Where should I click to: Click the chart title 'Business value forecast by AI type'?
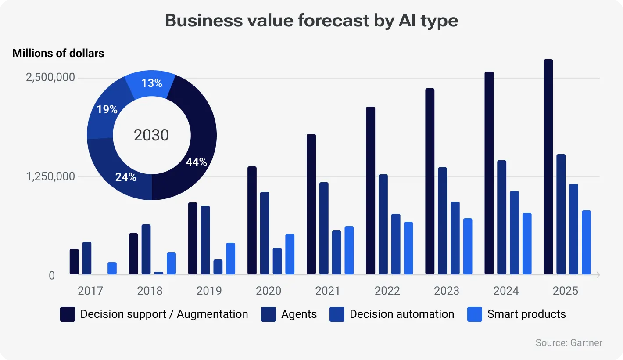(311, 21)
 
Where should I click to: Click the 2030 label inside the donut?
(151, 135)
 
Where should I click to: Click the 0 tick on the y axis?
(52, 275)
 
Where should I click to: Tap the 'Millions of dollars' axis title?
(58, 54)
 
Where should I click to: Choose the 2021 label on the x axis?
(328, 291)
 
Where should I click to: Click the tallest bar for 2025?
(548, 167)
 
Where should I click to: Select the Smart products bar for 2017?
(112, 268)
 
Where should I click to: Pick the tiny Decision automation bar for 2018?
(158, 273)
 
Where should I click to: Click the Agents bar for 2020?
(265, 233)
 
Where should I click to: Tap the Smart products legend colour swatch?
(474, 314)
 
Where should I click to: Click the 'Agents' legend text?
(299, 314)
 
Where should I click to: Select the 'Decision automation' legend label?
(401, 314)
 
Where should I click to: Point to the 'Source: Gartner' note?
(569, 343)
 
